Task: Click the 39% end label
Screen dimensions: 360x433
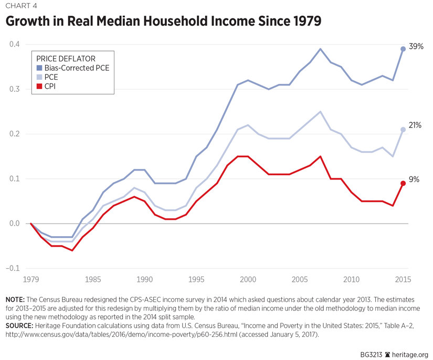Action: tap(416, 47)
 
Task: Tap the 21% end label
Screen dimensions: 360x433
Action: tap(415, 125)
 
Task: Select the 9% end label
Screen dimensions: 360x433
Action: tap(414, 179)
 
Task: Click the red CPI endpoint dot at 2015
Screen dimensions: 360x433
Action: tap(403, 183)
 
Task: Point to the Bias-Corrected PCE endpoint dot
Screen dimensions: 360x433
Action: tap(403, 49)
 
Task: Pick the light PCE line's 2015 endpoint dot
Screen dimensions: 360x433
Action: tap(403, 130)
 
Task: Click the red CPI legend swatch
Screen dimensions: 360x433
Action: tap(39, 86)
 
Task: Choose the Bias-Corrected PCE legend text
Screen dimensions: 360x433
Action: tap(76, 68)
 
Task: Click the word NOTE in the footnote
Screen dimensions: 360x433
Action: tap(15, 299)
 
